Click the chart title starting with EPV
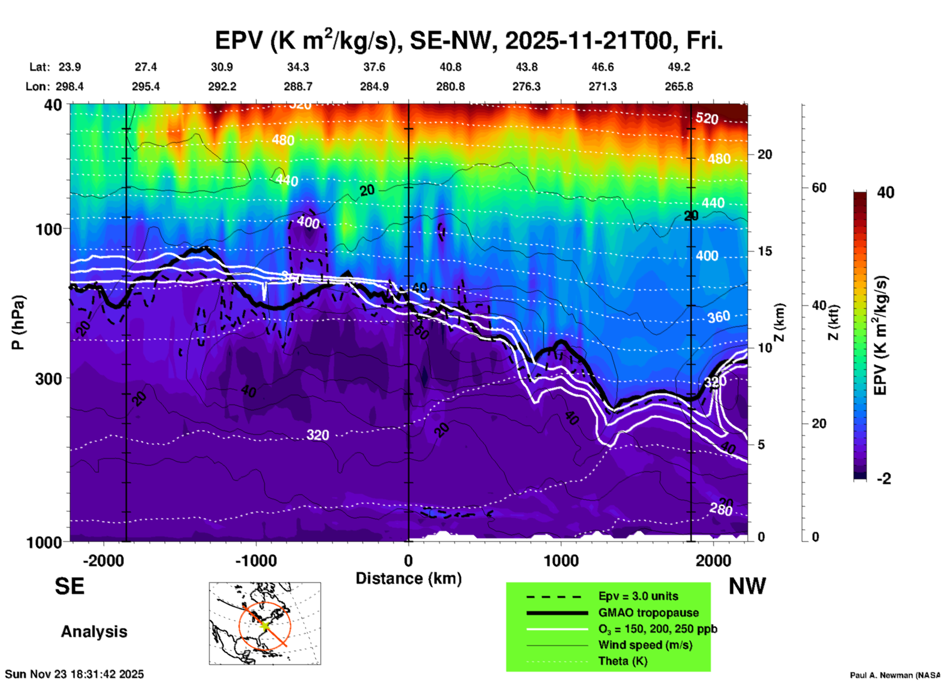469,40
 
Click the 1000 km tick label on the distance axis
561,560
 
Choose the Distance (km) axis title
408,578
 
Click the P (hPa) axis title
19,322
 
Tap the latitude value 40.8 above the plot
450,67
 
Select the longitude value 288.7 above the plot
298,86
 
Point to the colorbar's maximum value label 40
885,192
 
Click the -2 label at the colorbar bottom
883,479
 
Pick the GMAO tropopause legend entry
648,613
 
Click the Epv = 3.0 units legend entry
638,596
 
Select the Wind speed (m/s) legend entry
645,645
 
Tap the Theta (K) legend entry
622,661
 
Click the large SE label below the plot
69,586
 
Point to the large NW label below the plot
747,586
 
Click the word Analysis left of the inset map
94,632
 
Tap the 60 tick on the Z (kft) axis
819,188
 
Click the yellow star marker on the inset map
264,625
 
